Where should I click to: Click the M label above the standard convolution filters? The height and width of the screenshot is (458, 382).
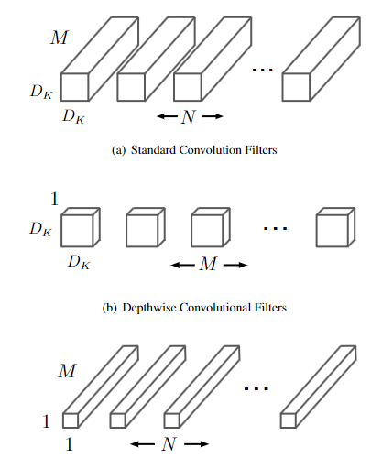tap(59, 38)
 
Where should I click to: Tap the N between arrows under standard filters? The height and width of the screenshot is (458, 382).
tap(189, 117)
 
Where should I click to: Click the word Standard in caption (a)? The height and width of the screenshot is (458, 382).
tap(153, 150)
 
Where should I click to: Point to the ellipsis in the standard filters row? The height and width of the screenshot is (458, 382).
tap(262, 71)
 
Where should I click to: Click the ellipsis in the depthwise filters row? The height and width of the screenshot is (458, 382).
tap(275, 228)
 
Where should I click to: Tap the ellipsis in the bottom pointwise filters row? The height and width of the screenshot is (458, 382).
tap(256, 388)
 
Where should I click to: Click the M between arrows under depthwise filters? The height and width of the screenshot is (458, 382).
tap(209, 264)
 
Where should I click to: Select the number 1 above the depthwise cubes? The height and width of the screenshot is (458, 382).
tap(54, 199)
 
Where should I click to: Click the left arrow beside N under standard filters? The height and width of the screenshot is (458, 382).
tap(168, 116)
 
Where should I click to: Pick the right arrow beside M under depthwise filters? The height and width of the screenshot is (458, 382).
tap(235, 265)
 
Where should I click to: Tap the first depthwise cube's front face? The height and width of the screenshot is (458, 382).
tap(77, 231)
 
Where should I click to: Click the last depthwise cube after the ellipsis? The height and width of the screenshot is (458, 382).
tap(335, 227)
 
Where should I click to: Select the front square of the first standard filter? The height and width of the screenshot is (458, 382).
tap(75, 87)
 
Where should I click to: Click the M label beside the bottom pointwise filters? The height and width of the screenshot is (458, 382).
tap(67, 371)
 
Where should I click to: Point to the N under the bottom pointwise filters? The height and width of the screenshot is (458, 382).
tap(169, 444)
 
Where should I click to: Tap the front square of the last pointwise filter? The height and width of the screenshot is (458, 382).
tap(289, 420)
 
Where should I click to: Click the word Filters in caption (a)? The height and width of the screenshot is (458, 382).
tap(261, 150)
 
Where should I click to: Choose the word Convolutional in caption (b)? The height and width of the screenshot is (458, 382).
tap(215, 308)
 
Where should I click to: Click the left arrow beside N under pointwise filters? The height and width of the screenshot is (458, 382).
tap(142, 443)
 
